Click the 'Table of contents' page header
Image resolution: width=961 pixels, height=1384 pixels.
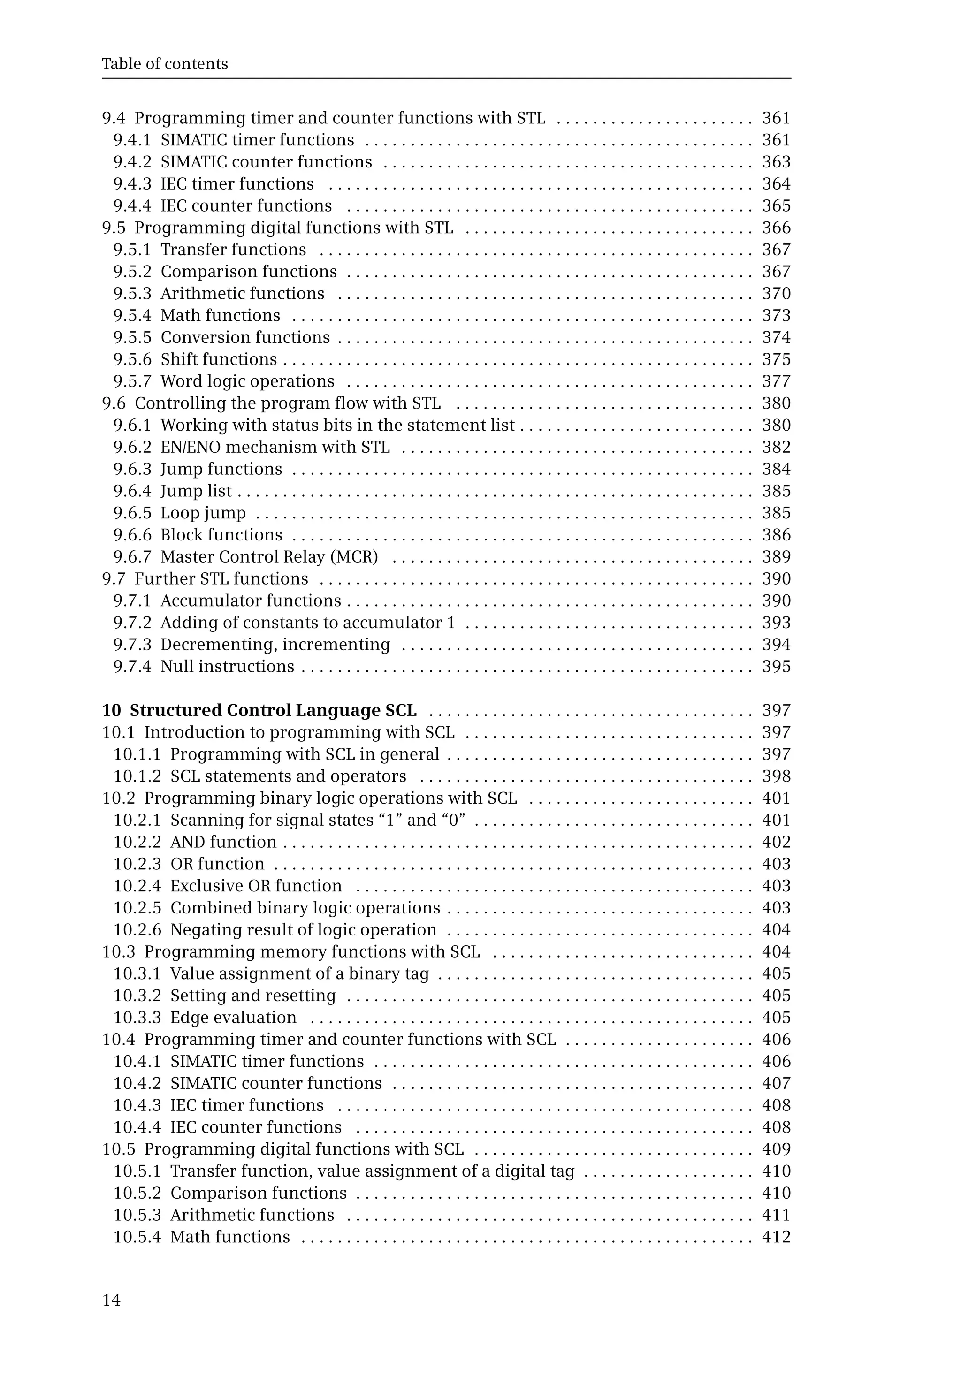coord(164,64)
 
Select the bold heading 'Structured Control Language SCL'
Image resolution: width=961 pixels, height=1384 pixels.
coord(273,710)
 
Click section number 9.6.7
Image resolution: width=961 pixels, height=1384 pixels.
coord(132,557)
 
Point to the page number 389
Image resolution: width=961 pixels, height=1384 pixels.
coord(776,557)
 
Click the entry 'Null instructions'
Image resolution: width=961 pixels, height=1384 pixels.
coord(227,666)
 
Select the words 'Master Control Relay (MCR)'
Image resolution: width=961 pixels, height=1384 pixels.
coord(269,557)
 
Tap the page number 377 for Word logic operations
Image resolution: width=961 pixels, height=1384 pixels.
coord(776,381)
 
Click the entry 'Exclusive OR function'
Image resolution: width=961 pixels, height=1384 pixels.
coord(256,886)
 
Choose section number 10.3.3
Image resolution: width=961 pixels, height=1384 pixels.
coord(137,1018)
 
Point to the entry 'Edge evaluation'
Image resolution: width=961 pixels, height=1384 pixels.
coord(234,1018)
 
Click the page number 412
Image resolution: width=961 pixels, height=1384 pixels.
coord(776,1237)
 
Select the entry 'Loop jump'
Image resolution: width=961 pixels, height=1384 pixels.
coord(203,513)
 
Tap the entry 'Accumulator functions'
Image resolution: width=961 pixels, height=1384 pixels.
coord(251,601)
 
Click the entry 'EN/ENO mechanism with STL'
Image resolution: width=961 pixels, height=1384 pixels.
coord(275,447)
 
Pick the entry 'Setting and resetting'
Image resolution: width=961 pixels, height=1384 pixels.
coord(253,995)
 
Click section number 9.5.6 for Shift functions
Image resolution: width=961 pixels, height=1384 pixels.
coord(132,359)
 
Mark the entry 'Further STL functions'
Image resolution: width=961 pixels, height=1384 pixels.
coord(221,578)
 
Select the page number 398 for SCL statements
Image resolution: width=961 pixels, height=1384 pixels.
coord(776,776)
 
